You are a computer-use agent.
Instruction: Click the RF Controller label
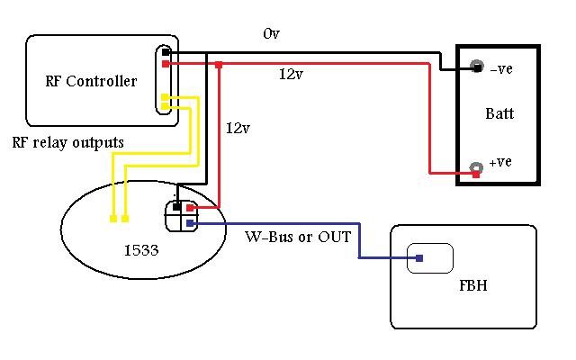click(x=91, y=82)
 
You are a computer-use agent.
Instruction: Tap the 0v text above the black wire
click(x=272, y=34)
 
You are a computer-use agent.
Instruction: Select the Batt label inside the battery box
click(x=499, y=114)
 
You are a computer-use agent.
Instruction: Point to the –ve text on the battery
click(x=501, y=68)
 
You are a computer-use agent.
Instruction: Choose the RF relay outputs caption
click(x=68, y=143)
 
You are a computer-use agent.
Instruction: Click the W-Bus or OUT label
click(x=298, y=238)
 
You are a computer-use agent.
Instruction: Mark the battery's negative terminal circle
click(x=474, y=67)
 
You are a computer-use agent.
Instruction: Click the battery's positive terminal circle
click(x=474, y=167)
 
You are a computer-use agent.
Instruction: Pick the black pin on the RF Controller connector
click(x=166, y=52)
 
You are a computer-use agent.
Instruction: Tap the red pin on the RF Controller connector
click(x=166, y=64)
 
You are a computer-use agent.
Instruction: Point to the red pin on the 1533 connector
click(x=190, y=208)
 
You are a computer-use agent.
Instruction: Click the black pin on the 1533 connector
click(x=177, y=207)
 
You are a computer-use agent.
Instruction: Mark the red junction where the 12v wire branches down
click(x=219, y=65)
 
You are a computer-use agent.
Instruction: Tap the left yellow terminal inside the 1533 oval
click(x=112, y=219)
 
